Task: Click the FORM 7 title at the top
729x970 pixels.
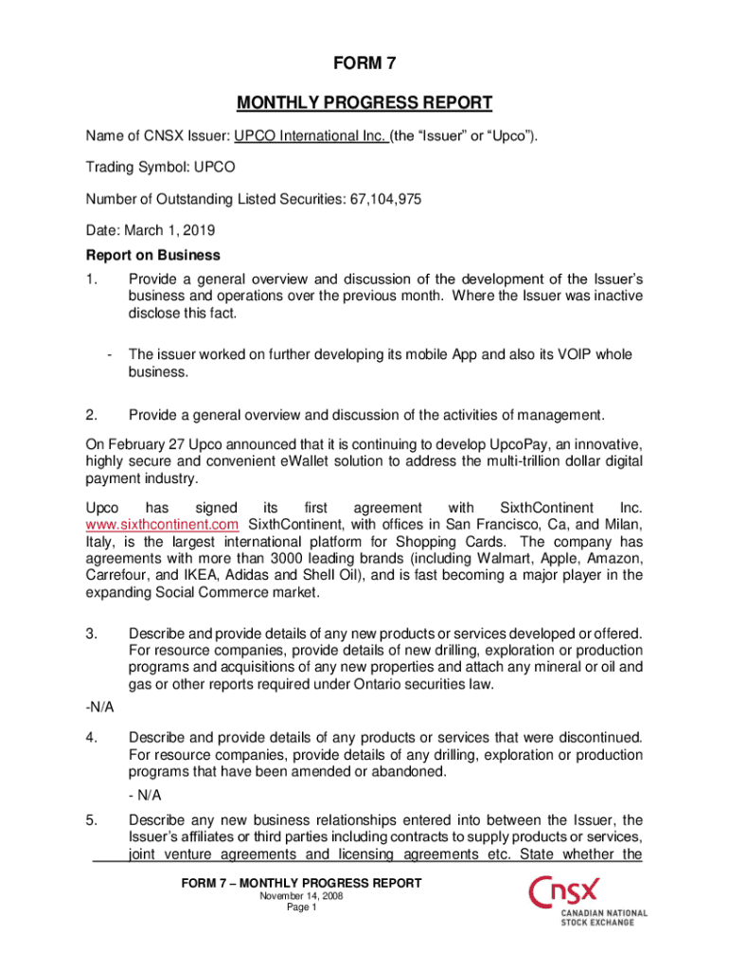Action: pyautogui.click(x=364, y=64)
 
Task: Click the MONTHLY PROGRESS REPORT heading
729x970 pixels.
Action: pyautogui.click(x=364, y=102)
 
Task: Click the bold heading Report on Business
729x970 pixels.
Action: pyautogui.click(x=153, y=255)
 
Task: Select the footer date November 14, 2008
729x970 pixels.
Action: pyautogui.click(x=302, y=896)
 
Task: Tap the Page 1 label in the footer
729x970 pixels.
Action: pyautogui.click(x=302, y=907)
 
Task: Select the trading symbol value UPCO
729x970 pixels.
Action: pyautogui.click(x=215, y=168)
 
